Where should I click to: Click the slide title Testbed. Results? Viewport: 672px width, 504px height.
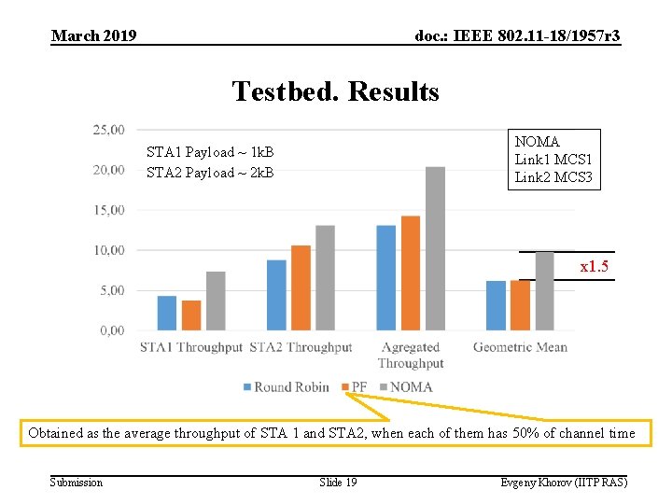(335, 91)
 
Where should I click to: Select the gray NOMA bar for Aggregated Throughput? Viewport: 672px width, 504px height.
(435, 248)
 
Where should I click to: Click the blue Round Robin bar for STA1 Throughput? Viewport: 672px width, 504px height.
(166, 313)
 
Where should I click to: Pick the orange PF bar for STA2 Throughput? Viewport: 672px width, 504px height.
(301, 287)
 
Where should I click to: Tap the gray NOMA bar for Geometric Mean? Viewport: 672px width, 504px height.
(544, 290)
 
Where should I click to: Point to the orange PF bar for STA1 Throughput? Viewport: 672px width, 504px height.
(190, 315)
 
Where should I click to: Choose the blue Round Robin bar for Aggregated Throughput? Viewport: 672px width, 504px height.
(386, 277)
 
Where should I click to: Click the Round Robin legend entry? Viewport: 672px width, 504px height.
(286, 386)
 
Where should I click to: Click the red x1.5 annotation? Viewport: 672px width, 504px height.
(594, 267)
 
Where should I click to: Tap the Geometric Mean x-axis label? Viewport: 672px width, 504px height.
(520, 347)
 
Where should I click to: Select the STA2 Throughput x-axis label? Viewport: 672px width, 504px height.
(301, 347)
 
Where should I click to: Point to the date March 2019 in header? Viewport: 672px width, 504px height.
(94, 35)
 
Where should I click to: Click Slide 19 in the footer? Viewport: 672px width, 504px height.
(338, 482)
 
